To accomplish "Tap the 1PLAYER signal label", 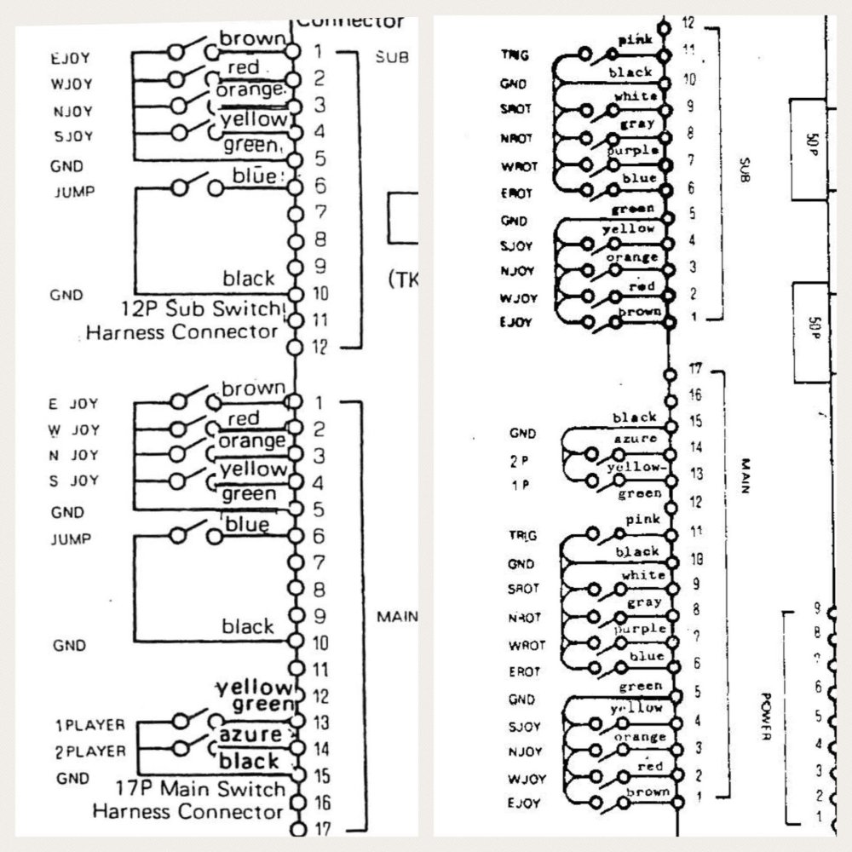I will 90,725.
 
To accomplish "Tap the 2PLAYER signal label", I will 90,751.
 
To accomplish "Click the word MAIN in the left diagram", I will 396,616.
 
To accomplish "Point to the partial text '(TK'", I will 400,279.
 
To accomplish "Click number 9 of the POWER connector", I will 816,608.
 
